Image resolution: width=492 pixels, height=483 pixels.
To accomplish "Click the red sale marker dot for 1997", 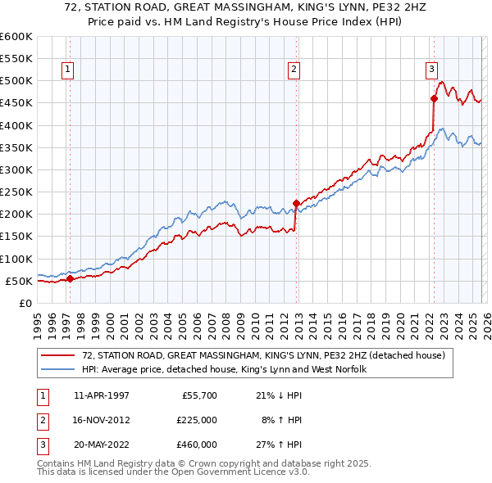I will tap(70, 278).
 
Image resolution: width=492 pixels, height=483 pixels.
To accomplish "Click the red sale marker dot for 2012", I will tap(295, 203).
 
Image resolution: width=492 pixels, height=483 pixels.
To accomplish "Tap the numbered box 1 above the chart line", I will tap(66, 70).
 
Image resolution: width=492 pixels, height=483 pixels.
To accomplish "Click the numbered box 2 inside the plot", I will tap(293, 70).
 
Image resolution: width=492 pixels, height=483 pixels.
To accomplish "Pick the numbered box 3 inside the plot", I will tap(431, 70).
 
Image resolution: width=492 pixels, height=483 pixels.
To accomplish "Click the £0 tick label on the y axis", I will tap(26, 303).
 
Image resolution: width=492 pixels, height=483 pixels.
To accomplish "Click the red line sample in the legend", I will tap(58, 356).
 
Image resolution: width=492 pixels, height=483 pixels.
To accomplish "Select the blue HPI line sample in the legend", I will tap(58, 370).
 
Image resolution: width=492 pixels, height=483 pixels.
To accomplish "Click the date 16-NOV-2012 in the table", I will tap(102, 420).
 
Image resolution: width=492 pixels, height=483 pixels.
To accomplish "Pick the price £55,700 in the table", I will tap(199, 395).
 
